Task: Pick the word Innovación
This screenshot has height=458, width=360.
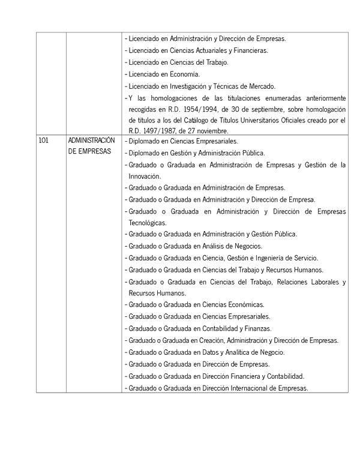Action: point(145,176)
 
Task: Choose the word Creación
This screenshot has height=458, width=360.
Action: point(214,340)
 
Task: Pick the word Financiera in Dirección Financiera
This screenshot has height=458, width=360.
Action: point(241,376)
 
